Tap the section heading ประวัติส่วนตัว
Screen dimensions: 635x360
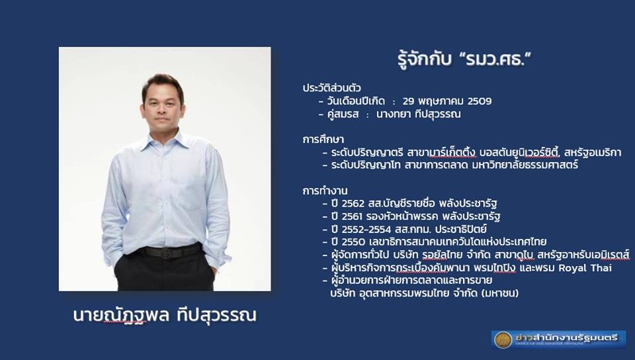pyautogui.click(x=331, y=88)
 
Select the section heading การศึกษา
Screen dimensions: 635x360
pyautogui.click(x=323, y=140)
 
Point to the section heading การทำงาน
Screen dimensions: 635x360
pyautogui.click(x=325, y=191)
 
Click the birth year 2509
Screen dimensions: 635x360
pyautogui.click(x=480, y=101)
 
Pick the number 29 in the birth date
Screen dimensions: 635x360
pyautogui.click(x=409, y=101)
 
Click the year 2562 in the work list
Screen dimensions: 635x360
pyautogui.click(x=353, y=203)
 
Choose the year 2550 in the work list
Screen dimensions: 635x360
pyautogui.click(x=353, y=242)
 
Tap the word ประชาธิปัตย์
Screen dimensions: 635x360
pyautogui.click(x=461, y=230)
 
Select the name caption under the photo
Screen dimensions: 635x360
pyautogui.click(x=165, y=316)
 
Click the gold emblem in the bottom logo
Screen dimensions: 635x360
pyautogui.click(x=503, y=339)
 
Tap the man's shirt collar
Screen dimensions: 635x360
pyautogui.click(x=165, y=140)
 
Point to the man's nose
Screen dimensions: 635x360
pyautogui.click(x=162, y=109)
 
